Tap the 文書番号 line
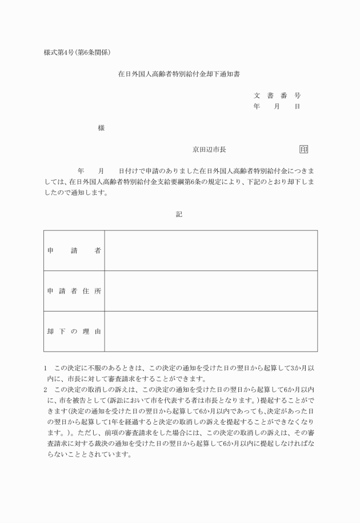277,95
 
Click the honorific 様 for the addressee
101,129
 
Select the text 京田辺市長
209,150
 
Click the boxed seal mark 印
303,150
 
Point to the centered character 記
179,214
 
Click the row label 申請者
74,250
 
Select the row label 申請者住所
74,291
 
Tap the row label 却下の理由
74,332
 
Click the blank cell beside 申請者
211,250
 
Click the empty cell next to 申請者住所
211,291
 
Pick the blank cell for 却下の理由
211,332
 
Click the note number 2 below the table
46,390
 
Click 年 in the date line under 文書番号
257,106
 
